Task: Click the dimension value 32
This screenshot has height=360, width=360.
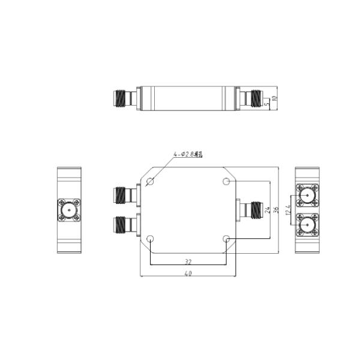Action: click(188, 262)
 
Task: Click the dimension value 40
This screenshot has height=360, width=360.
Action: click(188, 274)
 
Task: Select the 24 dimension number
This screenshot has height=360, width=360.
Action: click(266, 209)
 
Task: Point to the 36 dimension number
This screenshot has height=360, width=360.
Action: click(276, 209)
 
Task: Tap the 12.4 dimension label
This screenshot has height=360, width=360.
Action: click(289, 211)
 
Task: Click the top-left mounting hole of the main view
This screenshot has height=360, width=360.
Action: click(150, 181)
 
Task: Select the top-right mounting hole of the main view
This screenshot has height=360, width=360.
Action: click(226, 181)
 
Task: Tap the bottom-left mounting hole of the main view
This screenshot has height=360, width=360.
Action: click(150, 239)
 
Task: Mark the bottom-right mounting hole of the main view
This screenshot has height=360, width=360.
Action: click(226, 239)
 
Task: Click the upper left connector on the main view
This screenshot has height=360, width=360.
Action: click(125, 195)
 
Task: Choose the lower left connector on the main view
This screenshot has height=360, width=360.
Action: click(125, 225)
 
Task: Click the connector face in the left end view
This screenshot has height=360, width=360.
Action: click(69, 210)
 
